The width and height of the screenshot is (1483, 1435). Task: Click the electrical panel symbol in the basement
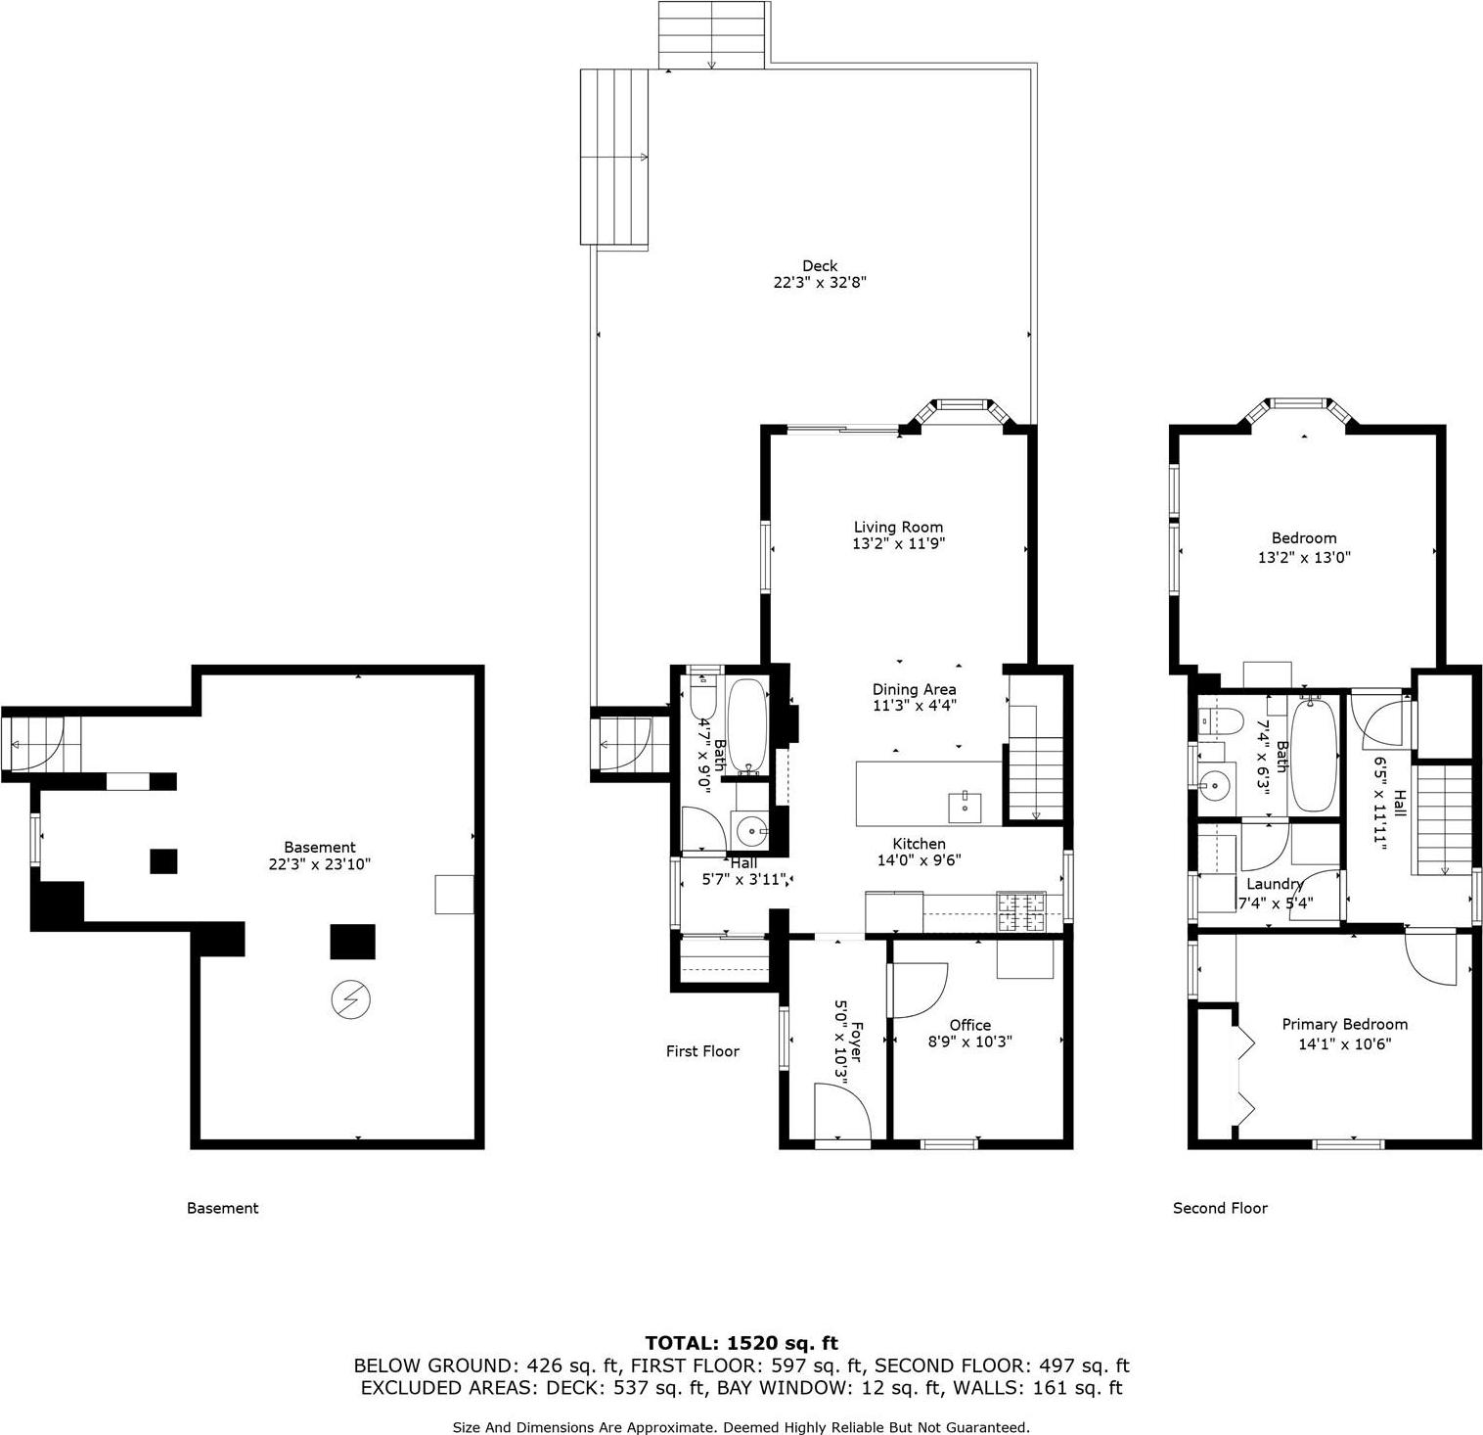(351, 998)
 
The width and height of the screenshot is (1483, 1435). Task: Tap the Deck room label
(820, 265)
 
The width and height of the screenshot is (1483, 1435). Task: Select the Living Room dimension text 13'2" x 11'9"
(898, 543)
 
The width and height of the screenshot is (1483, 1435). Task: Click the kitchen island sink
(964, 808)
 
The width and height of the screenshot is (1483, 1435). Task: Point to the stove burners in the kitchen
(1020, 912)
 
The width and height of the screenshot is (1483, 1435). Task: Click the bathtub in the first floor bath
(748, 724)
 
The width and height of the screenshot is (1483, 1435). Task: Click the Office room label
(969, 1025)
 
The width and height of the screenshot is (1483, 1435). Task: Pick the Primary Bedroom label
(1344, 1024)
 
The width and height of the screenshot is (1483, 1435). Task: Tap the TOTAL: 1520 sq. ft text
(741, 1343)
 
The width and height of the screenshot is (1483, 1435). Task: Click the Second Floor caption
(1220, 1208)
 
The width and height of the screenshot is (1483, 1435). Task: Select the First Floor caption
(702, 1051)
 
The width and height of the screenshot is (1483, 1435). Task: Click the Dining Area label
(914, 689)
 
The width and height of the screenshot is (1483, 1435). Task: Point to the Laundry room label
(1275, 884)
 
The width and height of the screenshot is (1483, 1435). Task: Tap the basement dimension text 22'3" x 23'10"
(319, 864)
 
